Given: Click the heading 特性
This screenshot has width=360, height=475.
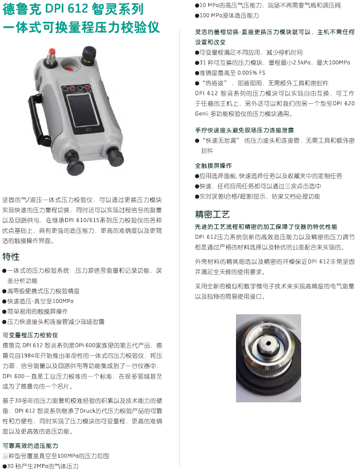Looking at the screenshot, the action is [11, 256].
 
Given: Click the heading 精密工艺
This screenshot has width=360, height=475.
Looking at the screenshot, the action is [212, 214].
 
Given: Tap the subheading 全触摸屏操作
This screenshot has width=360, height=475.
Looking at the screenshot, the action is [213, 166].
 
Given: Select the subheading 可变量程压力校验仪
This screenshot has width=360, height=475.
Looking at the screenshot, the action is [30, 335].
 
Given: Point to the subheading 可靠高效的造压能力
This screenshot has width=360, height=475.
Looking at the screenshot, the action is [30, 446].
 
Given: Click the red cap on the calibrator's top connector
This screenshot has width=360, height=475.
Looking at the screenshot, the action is [52, 51].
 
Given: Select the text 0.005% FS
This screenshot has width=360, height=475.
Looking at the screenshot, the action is [251, 73].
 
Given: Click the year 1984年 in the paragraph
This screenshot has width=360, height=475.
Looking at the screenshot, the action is [26, 355].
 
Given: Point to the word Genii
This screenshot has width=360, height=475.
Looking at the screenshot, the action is [202, 114].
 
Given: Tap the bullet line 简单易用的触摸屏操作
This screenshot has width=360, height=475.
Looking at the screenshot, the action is [35, 311].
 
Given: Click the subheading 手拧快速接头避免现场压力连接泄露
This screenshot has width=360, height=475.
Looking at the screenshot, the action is [245, 130].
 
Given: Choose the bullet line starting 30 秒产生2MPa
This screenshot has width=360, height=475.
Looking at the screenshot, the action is [40, 466].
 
